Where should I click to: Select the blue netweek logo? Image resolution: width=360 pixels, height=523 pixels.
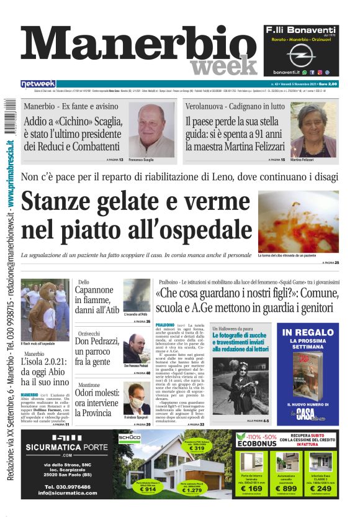point(38,84)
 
